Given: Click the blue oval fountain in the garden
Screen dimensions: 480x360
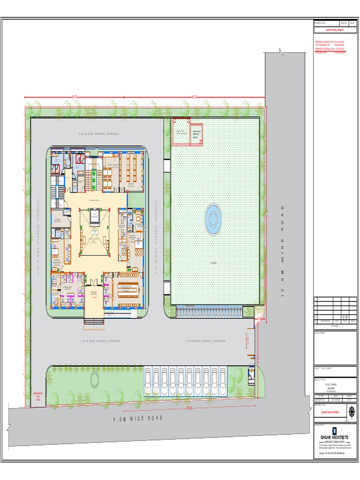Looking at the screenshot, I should click(x=213, y=218).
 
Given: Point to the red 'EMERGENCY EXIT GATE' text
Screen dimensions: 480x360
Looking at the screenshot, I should click(x=38, y=397).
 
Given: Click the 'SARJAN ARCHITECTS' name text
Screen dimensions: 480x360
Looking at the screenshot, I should click(x=334, y=437).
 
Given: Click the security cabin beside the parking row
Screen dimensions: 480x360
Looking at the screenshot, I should click(x=252, y=372).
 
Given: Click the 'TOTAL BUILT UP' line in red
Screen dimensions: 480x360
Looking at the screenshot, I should click(x=330, y=52).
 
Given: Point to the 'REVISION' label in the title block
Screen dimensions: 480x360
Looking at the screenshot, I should click(x=335, y=326).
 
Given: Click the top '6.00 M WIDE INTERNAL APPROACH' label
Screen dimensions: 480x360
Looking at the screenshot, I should click(x=98, y=134).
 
